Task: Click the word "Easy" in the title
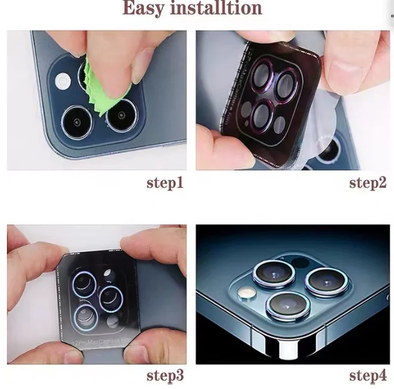pos(148,9)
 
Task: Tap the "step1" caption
pos(165,183)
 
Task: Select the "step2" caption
pos(368,183)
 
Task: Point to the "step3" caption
pos(165,376)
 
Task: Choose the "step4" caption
pos(368,376)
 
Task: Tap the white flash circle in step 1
pos(61,82)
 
